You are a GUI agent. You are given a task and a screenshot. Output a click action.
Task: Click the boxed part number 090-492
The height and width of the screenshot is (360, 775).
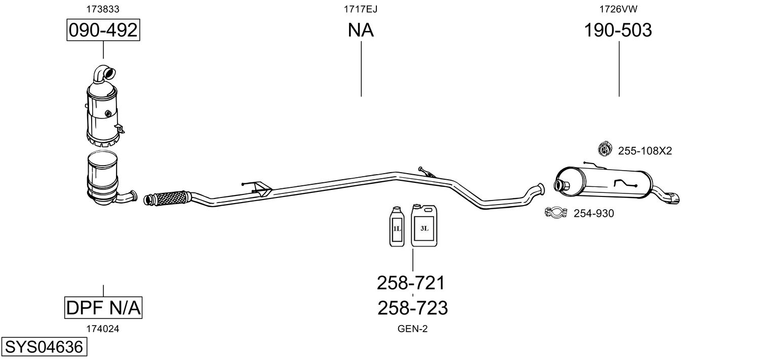click(x=103, y=30)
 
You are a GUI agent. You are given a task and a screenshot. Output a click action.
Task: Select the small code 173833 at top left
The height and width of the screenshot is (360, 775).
click(x=103, y=9)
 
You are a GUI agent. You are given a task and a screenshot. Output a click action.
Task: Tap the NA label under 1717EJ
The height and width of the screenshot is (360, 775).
click(x=361, y=30)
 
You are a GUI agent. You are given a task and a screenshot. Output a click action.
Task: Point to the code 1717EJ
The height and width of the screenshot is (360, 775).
click(x=361, y=9)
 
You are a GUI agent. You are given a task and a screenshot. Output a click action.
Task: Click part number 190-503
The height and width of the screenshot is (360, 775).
click(x=618, y=30)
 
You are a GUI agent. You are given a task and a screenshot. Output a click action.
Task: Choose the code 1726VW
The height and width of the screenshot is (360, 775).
click(x=618, y=9)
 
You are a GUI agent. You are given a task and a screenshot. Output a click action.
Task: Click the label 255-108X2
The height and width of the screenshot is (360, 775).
click(x=645, y=151)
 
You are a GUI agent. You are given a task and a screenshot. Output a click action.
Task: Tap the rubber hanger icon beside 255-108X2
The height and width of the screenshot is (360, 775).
click(x=605, y=149)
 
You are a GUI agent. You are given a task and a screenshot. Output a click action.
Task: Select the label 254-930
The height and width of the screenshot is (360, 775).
click(x=594, y=213)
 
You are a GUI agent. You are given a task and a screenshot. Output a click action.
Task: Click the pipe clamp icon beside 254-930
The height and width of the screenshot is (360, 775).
click(x=556, y=212)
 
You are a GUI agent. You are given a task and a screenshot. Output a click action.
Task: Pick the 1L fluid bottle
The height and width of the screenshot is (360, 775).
click(x=397, y=226)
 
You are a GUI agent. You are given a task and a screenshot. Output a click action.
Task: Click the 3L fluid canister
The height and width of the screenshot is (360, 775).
click(x=424, y=225)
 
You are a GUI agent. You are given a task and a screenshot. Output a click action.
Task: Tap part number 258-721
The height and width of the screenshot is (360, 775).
click(x=411, y=283)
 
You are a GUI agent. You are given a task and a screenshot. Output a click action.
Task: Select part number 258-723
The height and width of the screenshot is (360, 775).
click(x=412, y=308)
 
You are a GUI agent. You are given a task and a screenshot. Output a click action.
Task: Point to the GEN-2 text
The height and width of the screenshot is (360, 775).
click(x=412, y=329)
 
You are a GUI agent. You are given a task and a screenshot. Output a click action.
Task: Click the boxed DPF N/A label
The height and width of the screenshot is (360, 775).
click(x=103, y=307)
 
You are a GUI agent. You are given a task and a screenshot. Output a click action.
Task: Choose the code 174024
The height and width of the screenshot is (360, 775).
click(x=103, y=329)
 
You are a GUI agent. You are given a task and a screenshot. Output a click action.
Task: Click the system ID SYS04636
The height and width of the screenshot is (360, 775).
click(x=44, y=347)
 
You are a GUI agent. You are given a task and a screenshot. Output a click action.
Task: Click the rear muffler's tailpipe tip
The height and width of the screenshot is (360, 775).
click(x=675, y=198)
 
